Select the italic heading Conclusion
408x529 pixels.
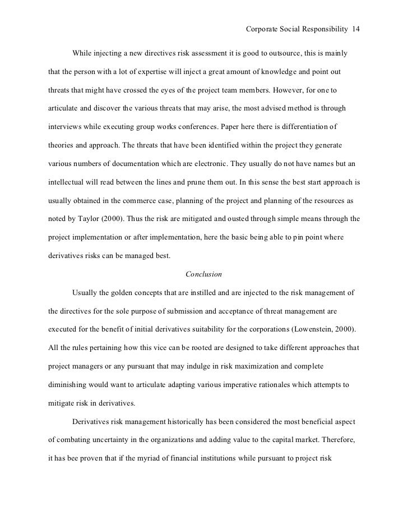[203, 274]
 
